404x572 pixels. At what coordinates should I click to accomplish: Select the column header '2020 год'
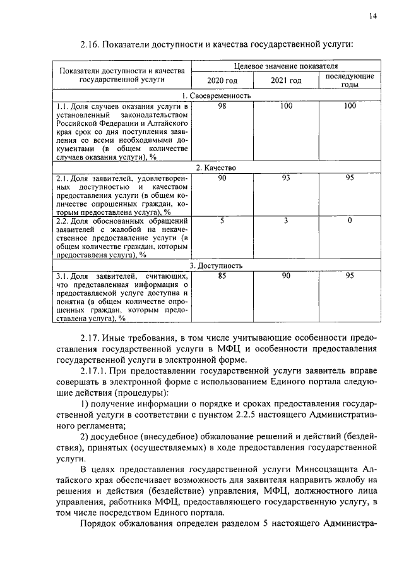pos(222,81)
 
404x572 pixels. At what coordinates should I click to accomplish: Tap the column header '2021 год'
pos(286,81)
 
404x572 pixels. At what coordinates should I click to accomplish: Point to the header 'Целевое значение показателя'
pos(285,65)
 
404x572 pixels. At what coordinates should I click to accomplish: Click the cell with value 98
pos(222,106)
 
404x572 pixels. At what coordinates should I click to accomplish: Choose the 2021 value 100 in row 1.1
pos(286,106)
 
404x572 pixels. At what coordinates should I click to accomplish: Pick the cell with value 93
pos(286,179)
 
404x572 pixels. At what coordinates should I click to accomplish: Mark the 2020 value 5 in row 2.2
pos(222,221)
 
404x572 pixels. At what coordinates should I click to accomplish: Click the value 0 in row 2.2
pos(350,221)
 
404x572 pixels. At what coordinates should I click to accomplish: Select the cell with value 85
pos(222,277)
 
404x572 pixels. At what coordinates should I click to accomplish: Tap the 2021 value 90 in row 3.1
pos(286,277)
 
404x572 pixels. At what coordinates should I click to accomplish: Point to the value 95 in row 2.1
pos(350,179)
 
